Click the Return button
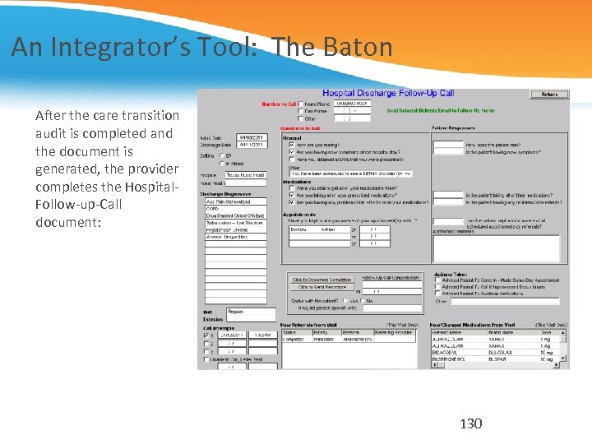549,95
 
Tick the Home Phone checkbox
301,104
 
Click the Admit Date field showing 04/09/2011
251,137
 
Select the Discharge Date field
251,145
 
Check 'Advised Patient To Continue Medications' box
437,295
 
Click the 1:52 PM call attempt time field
261,335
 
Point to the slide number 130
470,423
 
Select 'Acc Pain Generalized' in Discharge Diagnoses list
234,201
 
